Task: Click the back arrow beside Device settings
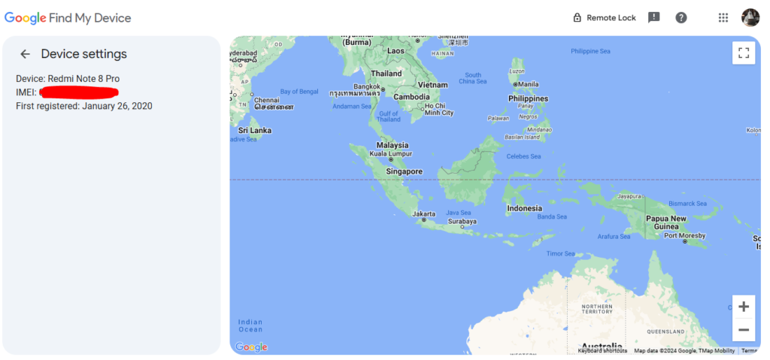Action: pyautogui.click(x=26, y=54)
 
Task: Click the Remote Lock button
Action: pyautogui.click(x=605, y=18)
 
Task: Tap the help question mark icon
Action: pyautogui.click(x=681, y=18)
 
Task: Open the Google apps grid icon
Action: pyautogui.click(x=723, y=18)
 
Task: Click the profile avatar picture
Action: pyautogui.click(x=750, y=17)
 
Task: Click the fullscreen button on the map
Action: pyautogui.click(x=744, y=53)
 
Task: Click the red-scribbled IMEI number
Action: pyautogui.click(x=79, y=92)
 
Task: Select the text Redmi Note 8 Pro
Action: pyautogui.click(x=83, y=79)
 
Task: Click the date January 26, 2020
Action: pyautogui.click(x=117, y=106)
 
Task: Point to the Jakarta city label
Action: pyautogui.click(x=424, y=213)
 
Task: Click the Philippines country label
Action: pyautogui.click(x=528, y=98)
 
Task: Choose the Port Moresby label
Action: pyautogui.click(x=685, y=235)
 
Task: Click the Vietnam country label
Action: pyautogui.click(x=432, y=85)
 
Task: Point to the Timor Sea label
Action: pyautogui.click(x=560, y=254)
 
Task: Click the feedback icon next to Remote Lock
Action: pyautogui.click(x=654, y=18)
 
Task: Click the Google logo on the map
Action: pyautogui.click(x=251, y=346)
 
